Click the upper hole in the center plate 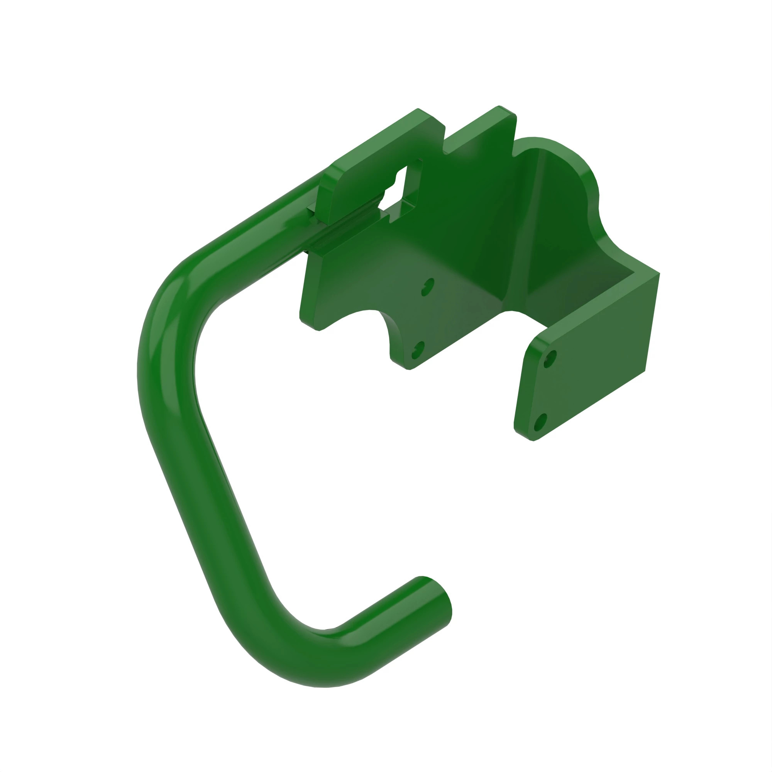click(428, 287)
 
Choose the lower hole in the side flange click(540, 423)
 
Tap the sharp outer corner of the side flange click(659, 274)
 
